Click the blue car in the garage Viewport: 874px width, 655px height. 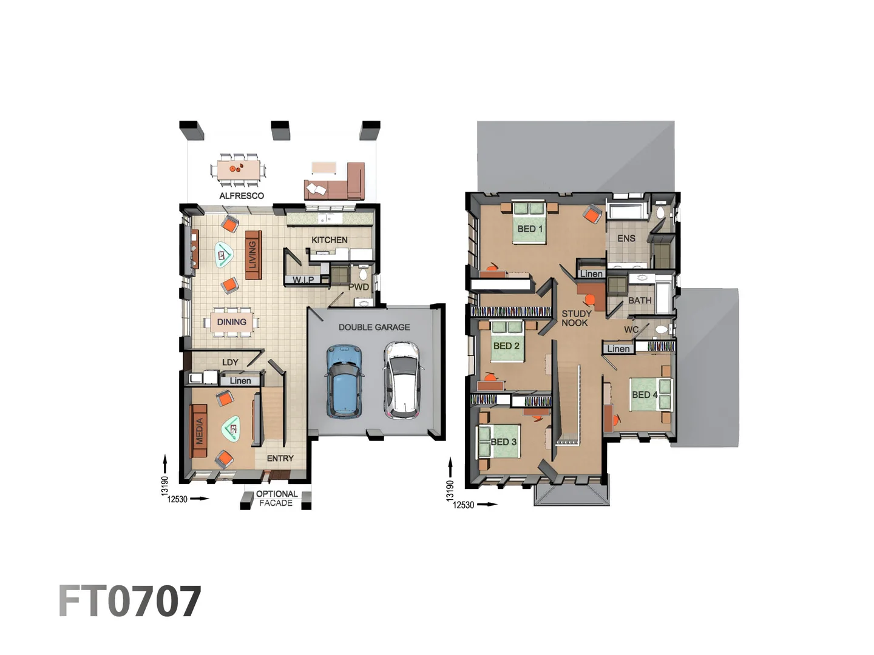coord(344,381)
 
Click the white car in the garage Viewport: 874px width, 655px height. coord(401,380)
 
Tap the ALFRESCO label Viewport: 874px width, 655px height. coord(242,196)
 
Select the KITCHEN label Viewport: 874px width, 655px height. coord(330,240)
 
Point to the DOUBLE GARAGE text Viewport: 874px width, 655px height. coord(374,327)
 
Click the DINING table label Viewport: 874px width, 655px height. coord(232,322)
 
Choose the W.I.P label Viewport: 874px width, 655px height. coord(303,280)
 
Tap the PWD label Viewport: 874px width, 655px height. coord(359,287)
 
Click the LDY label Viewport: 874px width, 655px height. coord(230,363)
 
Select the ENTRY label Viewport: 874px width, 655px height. coord(280,458)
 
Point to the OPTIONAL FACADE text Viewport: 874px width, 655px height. coord(277,499)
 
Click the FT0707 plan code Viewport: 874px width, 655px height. coord(130,602)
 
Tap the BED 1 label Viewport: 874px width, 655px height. coord(530,229)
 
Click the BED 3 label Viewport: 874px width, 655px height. coord(503,442)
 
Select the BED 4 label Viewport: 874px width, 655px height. coord(645,395)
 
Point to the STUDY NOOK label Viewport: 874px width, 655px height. coord(576,318)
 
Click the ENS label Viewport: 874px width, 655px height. coord(626,238)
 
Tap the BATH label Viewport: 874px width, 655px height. coord(640,301)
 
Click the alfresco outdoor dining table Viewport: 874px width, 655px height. coord(239,168)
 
